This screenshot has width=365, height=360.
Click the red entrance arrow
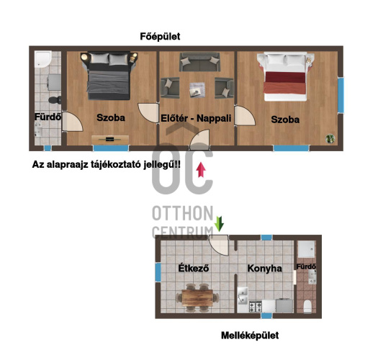pos(201,170)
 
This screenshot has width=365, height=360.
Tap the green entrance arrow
pos(219,224)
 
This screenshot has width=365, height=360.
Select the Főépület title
pos(160,37)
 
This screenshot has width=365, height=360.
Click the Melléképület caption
pos(250,336)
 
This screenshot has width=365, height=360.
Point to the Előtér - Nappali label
pos(196,118)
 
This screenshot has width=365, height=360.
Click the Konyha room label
pos(264,269)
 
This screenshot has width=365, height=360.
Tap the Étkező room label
pos(194,268)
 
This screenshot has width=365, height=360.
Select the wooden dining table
pos(197,297)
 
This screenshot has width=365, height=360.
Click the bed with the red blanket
pos(285,76)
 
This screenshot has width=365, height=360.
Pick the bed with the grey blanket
pos(109,76)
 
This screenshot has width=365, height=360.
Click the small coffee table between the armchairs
pos(197,89)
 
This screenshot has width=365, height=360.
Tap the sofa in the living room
pos(199,62)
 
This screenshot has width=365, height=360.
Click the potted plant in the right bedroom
pos(330,139)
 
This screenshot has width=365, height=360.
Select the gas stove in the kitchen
pos(256,307)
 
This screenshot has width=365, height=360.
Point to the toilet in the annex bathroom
pos(307,307)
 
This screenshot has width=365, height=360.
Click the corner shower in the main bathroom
pos(43,59)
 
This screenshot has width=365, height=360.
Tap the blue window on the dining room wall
pos(158,272)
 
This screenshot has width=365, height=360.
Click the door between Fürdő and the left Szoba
pos(72,122)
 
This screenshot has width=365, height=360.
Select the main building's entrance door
pos(199,140)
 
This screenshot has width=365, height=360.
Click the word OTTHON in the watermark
pos(183,213)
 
